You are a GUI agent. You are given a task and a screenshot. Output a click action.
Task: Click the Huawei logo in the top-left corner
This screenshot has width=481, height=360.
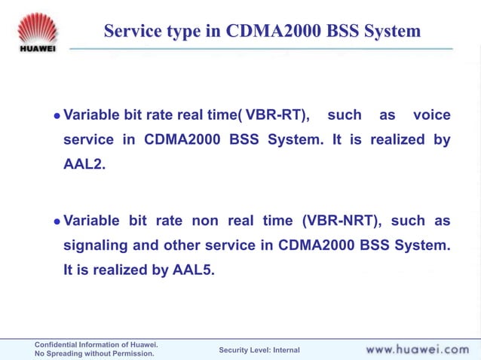37,32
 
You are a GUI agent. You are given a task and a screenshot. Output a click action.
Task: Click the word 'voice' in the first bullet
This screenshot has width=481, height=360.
432,115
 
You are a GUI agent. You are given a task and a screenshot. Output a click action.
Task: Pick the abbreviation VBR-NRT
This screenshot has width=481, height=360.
342,221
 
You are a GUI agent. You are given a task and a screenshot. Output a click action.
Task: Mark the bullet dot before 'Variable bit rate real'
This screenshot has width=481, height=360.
56,116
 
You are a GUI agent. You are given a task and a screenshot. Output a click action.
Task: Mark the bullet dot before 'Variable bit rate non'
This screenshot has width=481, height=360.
56,221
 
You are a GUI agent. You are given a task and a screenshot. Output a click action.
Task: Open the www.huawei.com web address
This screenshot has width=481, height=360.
417,349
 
